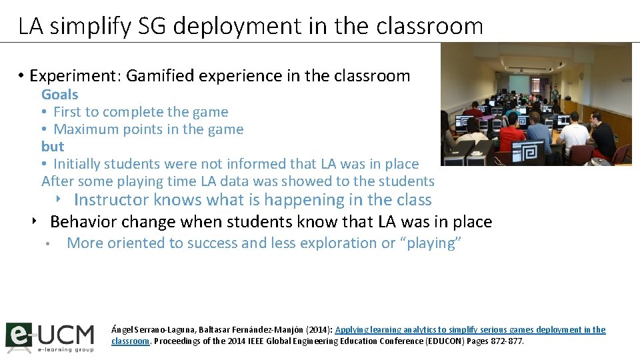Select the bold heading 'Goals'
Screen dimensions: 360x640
click(59, 95)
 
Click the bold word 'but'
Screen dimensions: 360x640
click(53, 147)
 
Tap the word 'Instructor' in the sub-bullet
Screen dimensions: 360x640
click(111, 200)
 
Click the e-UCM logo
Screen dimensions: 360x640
click(49, 337)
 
